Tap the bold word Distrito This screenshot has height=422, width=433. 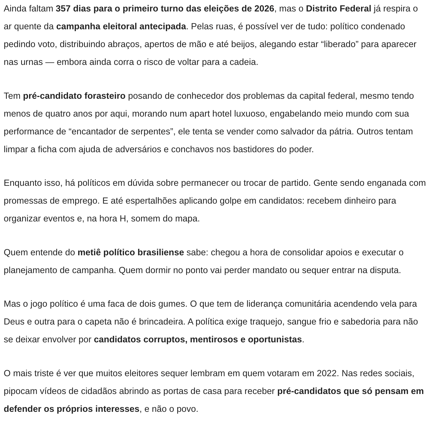pyautogui.click(x=321, y=9)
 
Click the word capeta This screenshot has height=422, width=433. pyautogui.click(x=98, y=322)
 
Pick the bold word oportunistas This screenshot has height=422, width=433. pyautogui.click(x=275, y=340)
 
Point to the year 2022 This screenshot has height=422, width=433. pyautogui.click(x=328, y=373)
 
